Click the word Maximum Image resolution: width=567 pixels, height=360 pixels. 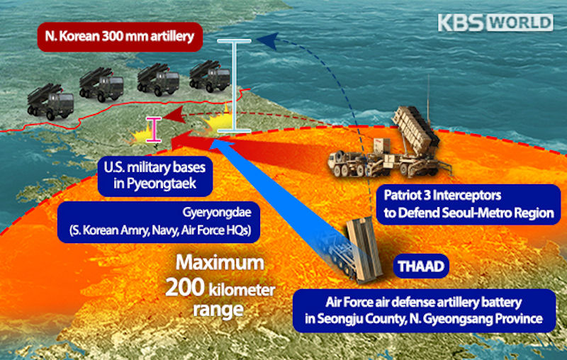pos(220,264)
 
